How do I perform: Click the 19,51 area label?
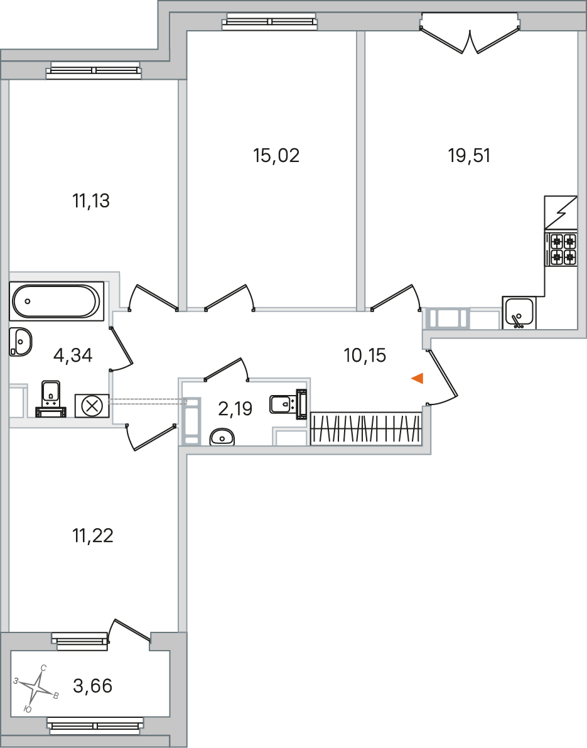click(469, 156)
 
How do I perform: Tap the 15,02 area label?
click(276, 156)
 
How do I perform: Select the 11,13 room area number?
click(91, 201)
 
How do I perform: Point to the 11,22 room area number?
click(93, 536)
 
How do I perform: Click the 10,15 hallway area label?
click(365, 355)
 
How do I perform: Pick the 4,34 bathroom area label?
click(73, 355)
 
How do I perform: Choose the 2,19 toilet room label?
click(235, 409)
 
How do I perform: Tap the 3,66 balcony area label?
click(92, 686)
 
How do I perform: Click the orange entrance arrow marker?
click(417, 379)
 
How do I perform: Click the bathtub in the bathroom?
click(57, 301)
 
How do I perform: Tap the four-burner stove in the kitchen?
click(563, 249)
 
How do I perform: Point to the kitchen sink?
click(519, 313)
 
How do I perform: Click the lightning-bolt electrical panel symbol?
click(561, 212)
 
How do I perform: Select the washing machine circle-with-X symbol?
click(92, 406)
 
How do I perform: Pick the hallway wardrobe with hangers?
click(366, 428)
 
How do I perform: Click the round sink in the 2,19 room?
click(222, 437)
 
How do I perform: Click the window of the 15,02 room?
click(270, 21)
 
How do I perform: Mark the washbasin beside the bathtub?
click(21, 342)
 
